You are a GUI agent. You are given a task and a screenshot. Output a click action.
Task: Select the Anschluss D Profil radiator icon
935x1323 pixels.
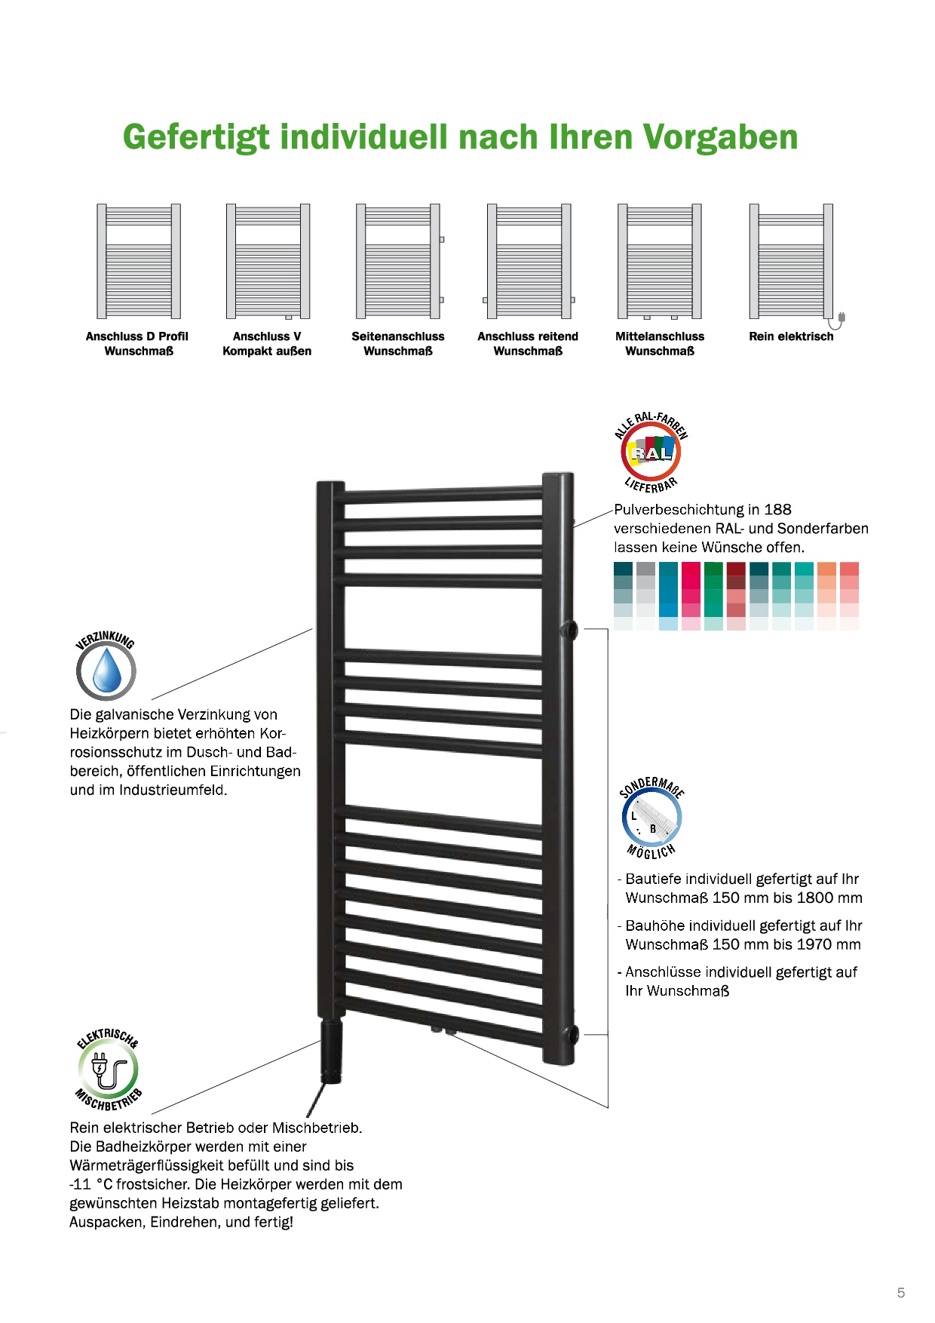139,261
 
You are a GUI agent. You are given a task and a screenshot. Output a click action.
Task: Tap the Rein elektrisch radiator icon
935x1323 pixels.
792,261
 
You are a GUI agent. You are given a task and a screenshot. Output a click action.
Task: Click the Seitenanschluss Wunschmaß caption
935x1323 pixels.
397,343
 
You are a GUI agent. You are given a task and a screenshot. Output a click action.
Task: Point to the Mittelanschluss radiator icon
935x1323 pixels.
660,261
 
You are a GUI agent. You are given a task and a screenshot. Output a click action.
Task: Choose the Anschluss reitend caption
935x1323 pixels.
528,336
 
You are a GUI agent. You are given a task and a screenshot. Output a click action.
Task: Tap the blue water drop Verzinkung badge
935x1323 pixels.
106,670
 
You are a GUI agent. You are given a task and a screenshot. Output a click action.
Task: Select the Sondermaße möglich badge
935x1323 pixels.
651,818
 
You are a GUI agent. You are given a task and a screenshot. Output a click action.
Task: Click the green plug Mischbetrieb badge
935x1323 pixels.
108,1070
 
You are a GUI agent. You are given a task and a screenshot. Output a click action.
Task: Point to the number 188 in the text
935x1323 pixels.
777,510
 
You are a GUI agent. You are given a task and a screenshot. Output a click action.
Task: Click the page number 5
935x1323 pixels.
900,1293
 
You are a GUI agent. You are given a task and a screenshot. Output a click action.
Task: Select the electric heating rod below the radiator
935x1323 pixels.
332,1050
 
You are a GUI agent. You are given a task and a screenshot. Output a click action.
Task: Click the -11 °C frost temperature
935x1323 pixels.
90,1184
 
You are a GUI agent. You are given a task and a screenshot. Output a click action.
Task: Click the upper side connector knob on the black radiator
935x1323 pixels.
570,629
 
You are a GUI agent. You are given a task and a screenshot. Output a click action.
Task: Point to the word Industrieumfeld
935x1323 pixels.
173,790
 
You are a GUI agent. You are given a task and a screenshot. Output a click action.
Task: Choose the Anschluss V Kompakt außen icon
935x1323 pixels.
268,261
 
